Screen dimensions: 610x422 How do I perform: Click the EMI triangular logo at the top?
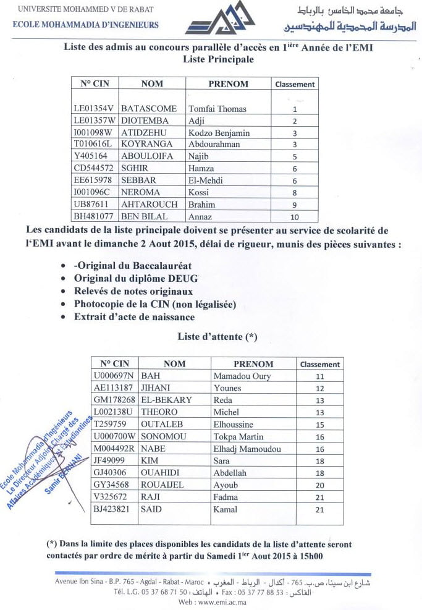pyautogui.click(x=220, y=19)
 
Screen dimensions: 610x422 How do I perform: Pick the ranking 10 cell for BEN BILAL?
pyautogui.click(x=294, y=216)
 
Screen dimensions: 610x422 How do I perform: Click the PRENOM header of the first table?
pyautogui.click(x=228, y=84)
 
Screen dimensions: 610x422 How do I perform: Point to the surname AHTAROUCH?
pyautogui.click(x=150, y=204)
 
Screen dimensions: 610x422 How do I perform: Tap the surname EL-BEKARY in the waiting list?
pyautogui.click(x=167, y=399)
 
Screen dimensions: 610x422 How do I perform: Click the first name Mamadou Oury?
pyautogui.click(x=242, y=376)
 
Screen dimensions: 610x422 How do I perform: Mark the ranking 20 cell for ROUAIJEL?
pyautogui.click(x=319, y=486)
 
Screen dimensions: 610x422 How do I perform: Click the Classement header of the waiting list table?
pyautogui.click(x=319, y=364)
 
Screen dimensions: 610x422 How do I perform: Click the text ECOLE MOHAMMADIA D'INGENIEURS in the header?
pyautogui.click(x=85, y=25)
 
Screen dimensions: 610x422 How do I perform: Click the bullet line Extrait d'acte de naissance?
pyautogui.click(x=134, y=317)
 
